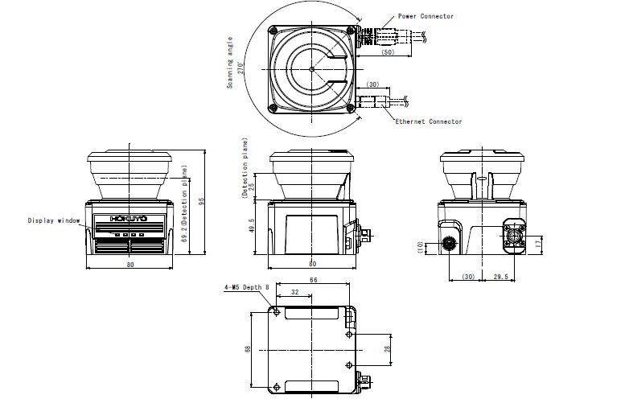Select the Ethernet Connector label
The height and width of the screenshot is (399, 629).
pos(428,121)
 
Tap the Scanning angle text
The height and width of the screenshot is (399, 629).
pos(230,61)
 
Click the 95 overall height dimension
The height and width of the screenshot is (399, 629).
pos(203,202)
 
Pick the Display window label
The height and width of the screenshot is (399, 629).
pos(54,220)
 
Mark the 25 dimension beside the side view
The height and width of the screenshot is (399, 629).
pos(253,187)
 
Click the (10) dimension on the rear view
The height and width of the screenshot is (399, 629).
pos(420,248)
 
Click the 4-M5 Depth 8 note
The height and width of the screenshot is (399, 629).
pos(246,286)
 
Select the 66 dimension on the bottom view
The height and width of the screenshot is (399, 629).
pos(313,280)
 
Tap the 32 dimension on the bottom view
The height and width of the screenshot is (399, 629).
pos(294,293)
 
